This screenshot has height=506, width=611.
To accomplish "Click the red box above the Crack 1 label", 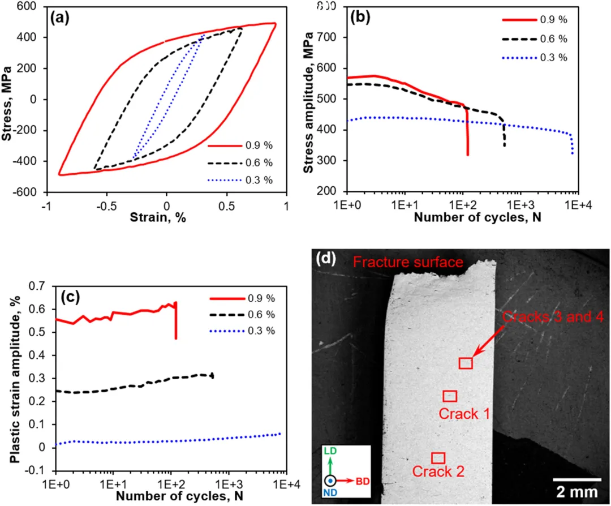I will click(450, 396).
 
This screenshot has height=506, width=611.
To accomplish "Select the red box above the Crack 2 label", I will click(438, 457).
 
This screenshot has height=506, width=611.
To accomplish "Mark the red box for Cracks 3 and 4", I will click(466, 363).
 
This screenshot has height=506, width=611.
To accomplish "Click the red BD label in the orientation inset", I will click(364, 482).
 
